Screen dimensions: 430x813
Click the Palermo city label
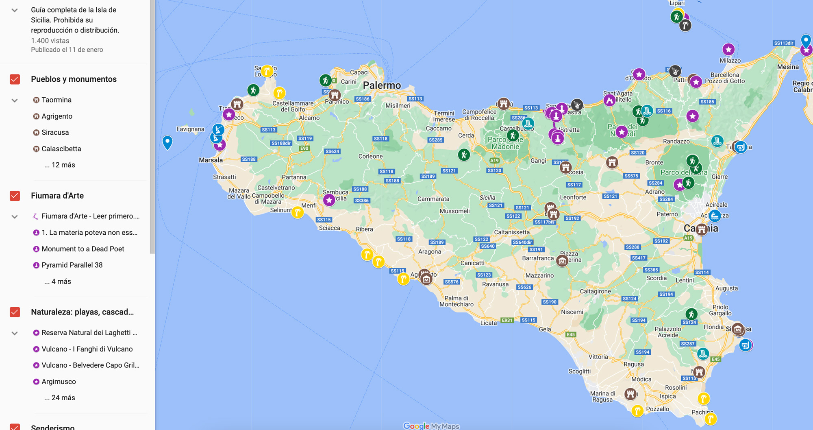point(382,85)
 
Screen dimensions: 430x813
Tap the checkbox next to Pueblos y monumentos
point(15,79)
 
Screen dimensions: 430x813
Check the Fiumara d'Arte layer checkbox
point(15,196)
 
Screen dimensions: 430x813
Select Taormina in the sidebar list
point(57,100)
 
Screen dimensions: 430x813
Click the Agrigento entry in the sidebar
point(57,116)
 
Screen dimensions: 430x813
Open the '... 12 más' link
point(60,165)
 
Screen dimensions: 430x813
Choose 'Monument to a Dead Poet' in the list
point(83,249)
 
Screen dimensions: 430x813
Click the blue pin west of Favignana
point(167,142)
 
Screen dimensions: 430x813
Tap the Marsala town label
point(211,160)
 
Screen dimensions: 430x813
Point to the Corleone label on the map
point(370,156)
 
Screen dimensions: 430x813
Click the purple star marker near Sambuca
point(329,200)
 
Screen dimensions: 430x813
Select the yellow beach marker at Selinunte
point(298,212)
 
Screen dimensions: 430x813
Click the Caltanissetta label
point(512,232)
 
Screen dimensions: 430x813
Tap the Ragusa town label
point(634,364)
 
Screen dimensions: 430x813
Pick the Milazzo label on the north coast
point(730,61)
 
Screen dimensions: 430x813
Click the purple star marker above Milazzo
point(728,50)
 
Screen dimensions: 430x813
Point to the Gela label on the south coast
point(545,329)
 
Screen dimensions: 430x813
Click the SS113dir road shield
point(784,43)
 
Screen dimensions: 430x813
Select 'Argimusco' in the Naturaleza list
point(59,382)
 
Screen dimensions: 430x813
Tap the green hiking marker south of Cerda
point(464,155)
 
